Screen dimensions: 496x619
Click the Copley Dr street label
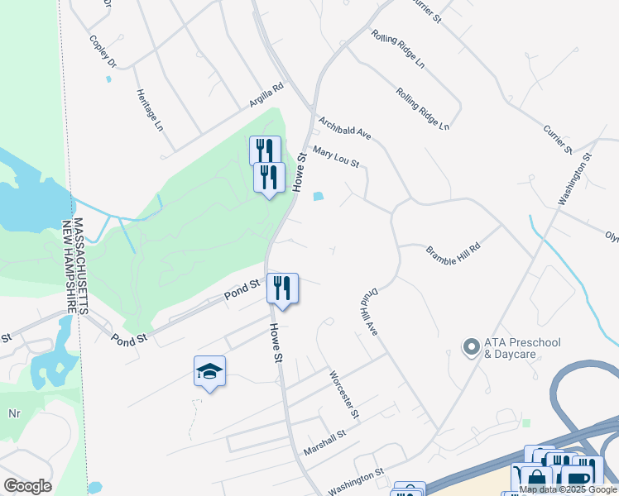pos(103,50)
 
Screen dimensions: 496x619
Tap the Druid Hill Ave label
pos(368,312)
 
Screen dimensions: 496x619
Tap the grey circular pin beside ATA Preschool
pos(472,347)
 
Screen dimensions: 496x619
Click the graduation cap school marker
pos(209,371)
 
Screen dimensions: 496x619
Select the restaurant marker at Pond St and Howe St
pos(282,289)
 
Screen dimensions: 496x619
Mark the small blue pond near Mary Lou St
pos(319,196)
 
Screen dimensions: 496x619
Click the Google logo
pos(27,486)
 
